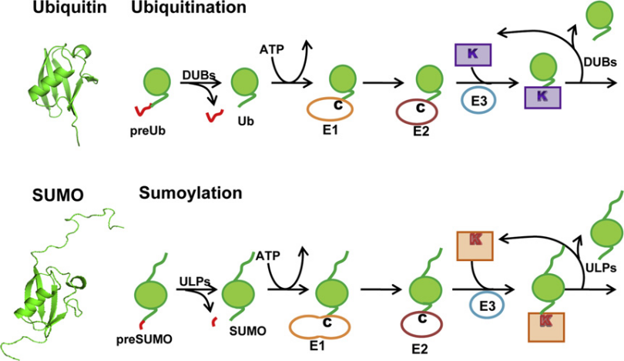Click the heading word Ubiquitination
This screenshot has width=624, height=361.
pos(189,9)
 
